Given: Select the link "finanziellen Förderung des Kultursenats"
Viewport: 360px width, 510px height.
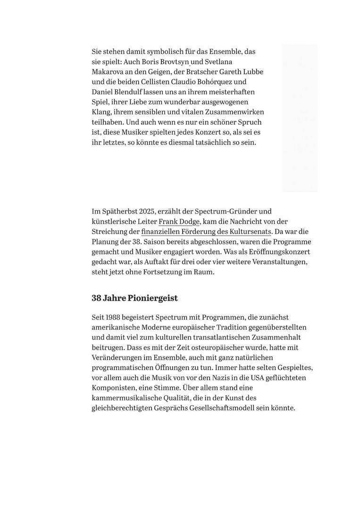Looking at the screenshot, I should pos(206,231).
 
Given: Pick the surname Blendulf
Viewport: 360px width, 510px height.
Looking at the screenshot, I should pos(135,92).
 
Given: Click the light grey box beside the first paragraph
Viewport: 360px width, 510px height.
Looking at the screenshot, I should pos(300,118).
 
